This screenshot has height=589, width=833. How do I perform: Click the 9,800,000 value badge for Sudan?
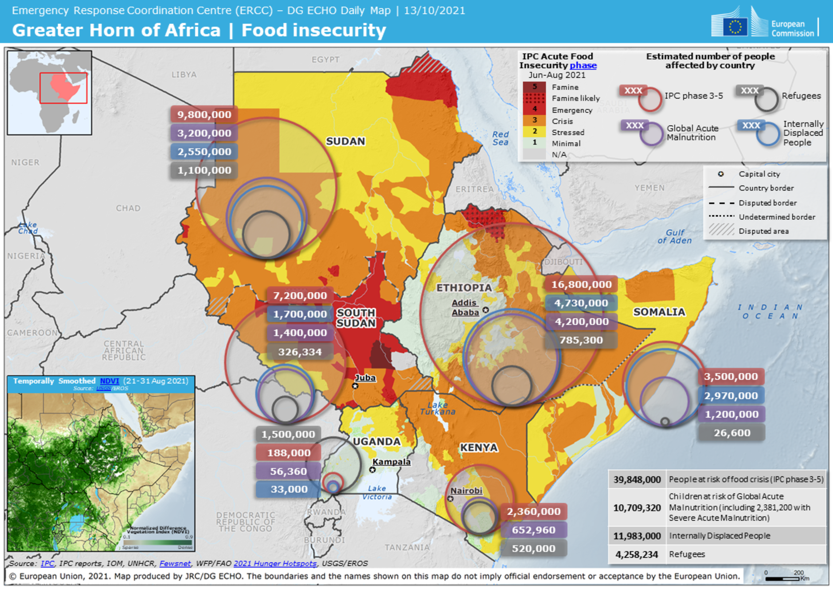pos(204,114)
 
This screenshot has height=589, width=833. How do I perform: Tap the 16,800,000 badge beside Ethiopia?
pos(581,285)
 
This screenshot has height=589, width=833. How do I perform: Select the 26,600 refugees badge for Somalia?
pos(732,433)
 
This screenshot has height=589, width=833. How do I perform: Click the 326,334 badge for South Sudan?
pos(300,352)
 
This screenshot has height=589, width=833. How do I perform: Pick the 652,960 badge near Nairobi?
pos(533,530)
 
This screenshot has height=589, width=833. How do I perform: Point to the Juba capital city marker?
pos(355,386)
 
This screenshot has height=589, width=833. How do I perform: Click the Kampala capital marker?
pos(372,470)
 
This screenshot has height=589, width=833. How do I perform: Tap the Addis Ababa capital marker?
pos(486,310)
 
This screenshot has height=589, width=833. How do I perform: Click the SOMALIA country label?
pos(659,312)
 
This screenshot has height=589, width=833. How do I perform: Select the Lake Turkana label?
pos(437,409)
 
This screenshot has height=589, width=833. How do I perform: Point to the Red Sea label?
pos(500,139)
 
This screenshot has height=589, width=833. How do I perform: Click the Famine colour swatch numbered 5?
pos(534,87)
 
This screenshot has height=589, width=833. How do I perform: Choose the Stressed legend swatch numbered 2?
pos(534,132)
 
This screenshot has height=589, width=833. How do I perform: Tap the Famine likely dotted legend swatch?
pos(534,98)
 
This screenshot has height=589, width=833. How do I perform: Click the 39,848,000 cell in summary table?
pos(637,480)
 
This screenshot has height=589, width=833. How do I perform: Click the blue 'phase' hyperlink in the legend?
pos(583,66)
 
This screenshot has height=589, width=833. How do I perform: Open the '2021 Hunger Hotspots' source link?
pos(275,563)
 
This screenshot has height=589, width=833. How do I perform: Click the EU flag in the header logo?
pos(735,27)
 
